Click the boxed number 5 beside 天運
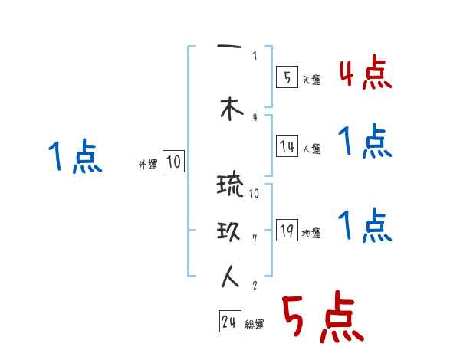tap(285, 77)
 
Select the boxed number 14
tap(287, 147)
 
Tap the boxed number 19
tap(287, 231)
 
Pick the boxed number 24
tap(229, 322)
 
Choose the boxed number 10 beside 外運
tap(173, 162)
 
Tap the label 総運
tap(255, 325)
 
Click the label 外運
tap(147, 165)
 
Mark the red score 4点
tap(365, 74)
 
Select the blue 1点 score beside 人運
tap(365, 142)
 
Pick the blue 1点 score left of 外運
tap(74, 158)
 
